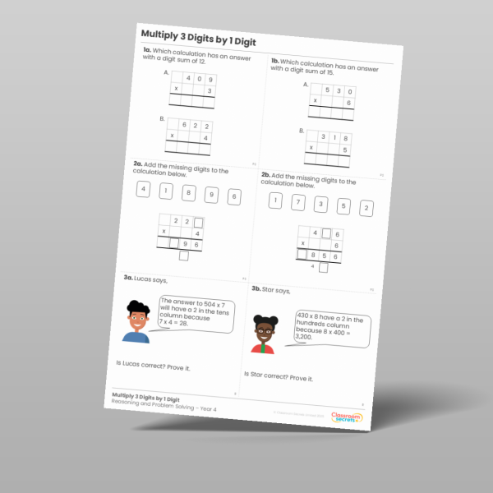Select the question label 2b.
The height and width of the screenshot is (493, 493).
[266, 175]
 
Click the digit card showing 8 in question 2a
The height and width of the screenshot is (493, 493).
[188, 193]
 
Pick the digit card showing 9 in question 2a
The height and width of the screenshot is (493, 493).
[211, 196]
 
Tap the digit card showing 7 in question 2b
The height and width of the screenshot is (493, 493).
[298, 201]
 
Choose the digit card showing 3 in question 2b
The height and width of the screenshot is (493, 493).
[320, 204]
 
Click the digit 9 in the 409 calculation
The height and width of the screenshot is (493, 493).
[210, 80]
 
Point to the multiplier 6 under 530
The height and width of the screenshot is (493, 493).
[348, 103]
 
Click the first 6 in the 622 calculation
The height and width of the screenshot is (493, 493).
[185, 125]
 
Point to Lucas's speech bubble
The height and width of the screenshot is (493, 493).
[196, 314]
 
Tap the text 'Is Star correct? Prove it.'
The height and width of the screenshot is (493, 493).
[279, 377]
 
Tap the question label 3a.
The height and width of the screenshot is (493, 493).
[129, 278]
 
